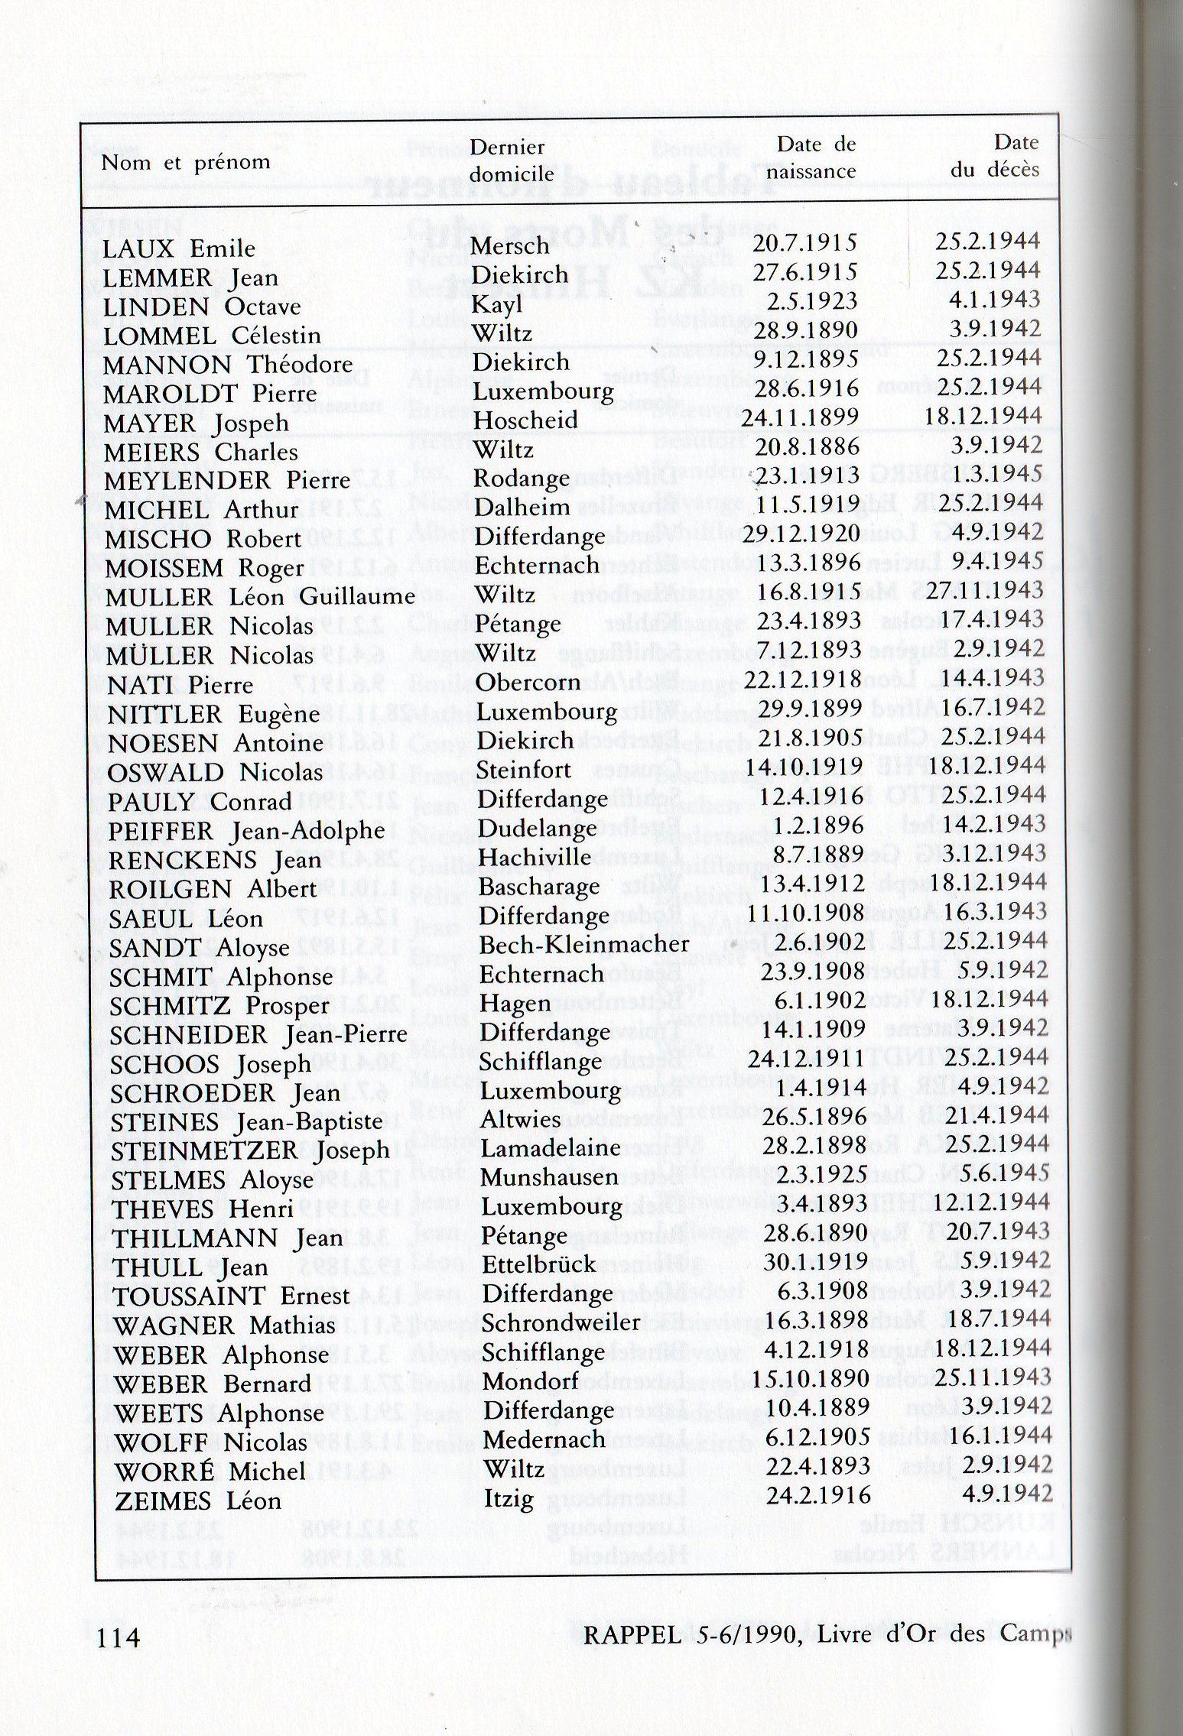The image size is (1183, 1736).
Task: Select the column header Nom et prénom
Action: tap(186, 162)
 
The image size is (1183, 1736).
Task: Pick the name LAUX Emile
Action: tap(179, 248)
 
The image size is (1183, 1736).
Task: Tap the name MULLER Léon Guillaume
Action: tap(260, 596)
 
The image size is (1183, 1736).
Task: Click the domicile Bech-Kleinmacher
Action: tap(584, 945)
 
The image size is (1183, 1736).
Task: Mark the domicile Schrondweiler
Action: tap(561, 1322)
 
